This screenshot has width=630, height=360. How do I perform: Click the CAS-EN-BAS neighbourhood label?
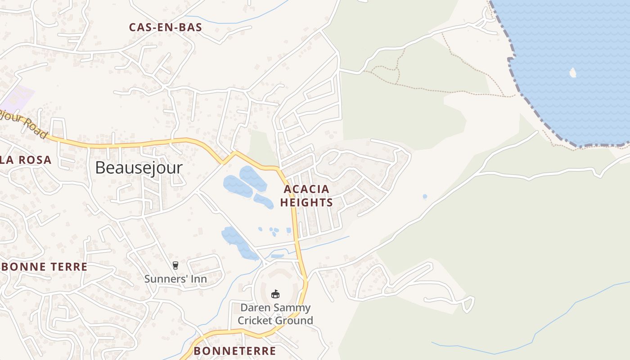point(165,27)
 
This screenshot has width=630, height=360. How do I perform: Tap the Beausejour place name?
point(139,168)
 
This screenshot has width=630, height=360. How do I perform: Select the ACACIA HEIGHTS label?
point(306,196)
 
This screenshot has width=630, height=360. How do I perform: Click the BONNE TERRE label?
point(45,267)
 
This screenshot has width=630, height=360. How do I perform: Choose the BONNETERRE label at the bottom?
point(234,351)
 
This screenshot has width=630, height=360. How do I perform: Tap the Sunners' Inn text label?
point(175,279)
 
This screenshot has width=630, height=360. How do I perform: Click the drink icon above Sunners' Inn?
point(175,265)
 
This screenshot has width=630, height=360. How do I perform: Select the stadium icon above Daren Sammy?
point(275,294)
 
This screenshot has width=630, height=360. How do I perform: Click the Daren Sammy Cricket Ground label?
point(275,314)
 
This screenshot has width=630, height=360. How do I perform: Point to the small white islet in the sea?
point(573,72)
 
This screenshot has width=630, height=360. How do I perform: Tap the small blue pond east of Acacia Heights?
point(425,197)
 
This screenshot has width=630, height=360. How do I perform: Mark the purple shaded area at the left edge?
point(18,98)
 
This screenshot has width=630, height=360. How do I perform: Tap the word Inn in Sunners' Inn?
point(198,279)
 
